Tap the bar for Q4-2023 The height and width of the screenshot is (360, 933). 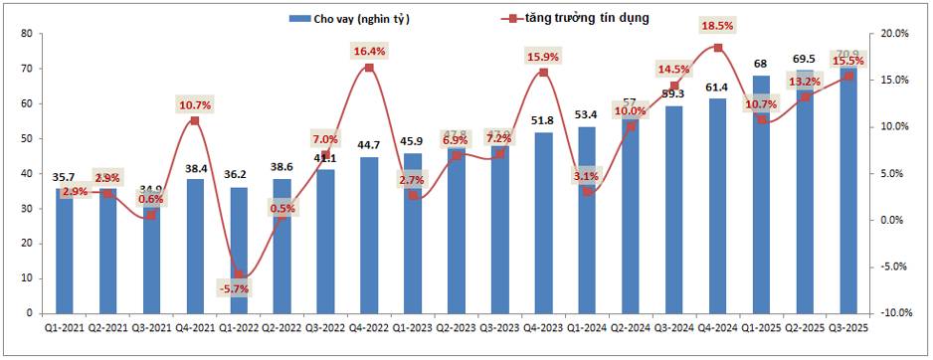543,223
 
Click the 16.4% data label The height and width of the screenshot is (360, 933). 369,51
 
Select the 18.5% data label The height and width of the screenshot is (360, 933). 717,25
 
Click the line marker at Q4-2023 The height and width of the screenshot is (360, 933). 543,73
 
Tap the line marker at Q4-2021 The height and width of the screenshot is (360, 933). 195,121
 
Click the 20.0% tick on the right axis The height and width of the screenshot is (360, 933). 896,34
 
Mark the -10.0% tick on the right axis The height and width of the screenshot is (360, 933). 895,313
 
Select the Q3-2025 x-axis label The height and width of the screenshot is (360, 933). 847,326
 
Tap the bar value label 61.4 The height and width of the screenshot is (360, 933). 717,89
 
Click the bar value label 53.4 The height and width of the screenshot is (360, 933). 587,116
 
